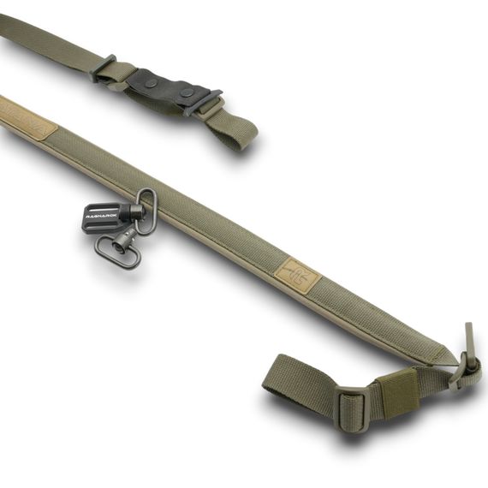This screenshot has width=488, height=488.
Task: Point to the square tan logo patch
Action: pyautogui.click(x=297, y=275)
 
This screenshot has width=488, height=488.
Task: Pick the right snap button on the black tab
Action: pyautogui.click(x=187, y=92)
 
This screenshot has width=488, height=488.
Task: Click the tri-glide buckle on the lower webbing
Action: pyautogui.click(x=352, y=405)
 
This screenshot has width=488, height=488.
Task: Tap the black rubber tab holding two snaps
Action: pyautogui.click(x=170, y=87)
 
